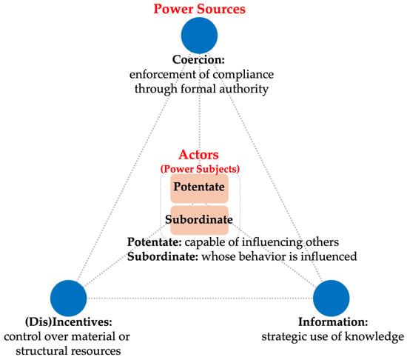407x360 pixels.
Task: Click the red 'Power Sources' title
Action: [199, 9]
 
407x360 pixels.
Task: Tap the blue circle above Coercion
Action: [199, 36]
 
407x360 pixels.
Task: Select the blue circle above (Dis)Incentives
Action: [68, 299]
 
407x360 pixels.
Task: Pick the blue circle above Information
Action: [332, 299]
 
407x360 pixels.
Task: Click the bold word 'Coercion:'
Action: [198, 60]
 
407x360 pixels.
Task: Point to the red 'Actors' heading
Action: [198, 155]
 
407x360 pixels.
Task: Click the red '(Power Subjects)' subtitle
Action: [200, 169]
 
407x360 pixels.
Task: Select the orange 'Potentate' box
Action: [199, 188]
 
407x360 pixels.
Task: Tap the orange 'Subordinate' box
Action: [199, 220]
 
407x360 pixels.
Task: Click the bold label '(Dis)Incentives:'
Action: [69, 322]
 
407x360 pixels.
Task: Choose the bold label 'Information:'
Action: [333, 322]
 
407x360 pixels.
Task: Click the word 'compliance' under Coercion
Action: [243, 75]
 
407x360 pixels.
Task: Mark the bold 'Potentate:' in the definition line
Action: [155, 242]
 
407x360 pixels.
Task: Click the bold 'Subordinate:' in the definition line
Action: [163, 257]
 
